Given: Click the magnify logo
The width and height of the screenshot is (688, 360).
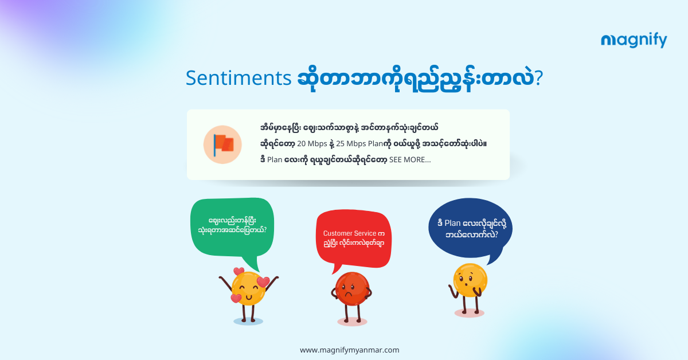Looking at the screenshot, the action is coord(634,40).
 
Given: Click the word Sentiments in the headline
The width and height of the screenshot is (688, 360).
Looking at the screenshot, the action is coord(239,78).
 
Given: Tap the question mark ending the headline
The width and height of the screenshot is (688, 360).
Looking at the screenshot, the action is coord(538,78).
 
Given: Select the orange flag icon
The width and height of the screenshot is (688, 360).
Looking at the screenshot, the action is coord(222,144).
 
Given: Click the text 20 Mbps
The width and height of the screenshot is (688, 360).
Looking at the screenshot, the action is coord(312,144).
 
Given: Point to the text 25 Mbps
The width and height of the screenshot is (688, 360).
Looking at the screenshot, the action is coord(351,144).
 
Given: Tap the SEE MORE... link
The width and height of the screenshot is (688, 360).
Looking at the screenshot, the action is coord(410,160).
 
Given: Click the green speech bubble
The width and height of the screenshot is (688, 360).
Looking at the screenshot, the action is coord(232,228).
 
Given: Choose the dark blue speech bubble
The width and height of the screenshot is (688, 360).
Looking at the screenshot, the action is coord(470,228).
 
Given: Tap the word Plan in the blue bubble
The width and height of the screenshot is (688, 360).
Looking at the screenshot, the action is coord(452,224).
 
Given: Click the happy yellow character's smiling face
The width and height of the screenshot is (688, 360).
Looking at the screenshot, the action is coord(248,288).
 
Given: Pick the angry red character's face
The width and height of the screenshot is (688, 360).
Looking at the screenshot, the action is coord(352,288).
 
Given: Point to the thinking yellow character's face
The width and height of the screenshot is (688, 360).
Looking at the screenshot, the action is coord(470,280).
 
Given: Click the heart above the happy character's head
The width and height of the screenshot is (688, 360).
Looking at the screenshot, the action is coord(239,271).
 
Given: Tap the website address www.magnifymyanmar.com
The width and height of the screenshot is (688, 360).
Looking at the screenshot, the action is coord(350,350).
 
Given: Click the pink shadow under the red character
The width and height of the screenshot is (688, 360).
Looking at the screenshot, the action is coord(352,322).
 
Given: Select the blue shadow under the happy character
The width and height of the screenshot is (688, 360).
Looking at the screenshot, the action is coord(248,321).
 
